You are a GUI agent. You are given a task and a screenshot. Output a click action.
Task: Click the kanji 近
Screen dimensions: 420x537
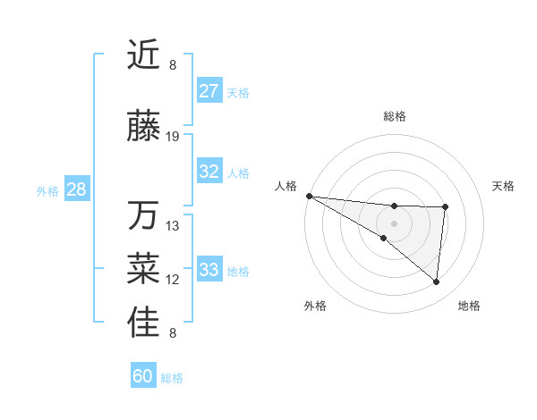143,55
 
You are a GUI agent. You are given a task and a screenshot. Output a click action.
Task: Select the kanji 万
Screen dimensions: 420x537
143,216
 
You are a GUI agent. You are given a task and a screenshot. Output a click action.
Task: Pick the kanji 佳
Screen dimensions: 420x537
143,323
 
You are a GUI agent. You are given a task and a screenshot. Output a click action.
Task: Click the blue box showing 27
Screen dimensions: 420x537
209,91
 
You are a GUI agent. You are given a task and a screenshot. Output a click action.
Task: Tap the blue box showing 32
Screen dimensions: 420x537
209,172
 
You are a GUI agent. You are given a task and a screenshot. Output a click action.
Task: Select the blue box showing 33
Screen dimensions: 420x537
209,270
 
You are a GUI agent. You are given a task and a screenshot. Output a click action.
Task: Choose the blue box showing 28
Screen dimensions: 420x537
75,189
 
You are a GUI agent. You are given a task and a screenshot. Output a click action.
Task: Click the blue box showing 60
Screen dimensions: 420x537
143,376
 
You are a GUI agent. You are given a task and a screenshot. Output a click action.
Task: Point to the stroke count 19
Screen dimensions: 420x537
173,137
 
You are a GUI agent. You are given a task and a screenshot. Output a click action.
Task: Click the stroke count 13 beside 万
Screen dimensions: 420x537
173,226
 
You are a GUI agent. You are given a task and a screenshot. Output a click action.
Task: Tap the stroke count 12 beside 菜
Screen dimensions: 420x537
173,280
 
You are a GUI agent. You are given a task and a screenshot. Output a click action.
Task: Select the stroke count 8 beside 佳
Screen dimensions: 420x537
173,333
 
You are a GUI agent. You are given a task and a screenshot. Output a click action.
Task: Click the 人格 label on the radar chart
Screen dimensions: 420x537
286,186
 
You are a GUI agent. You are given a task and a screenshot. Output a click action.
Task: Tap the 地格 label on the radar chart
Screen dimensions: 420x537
469,306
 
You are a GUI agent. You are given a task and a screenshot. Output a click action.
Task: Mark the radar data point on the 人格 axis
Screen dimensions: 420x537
309,196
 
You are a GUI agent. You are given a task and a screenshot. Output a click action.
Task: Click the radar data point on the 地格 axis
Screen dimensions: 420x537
437,282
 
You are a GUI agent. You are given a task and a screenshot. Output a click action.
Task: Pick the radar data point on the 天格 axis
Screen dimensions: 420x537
445,207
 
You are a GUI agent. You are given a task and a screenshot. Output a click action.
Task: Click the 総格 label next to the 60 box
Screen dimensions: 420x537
172,378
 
